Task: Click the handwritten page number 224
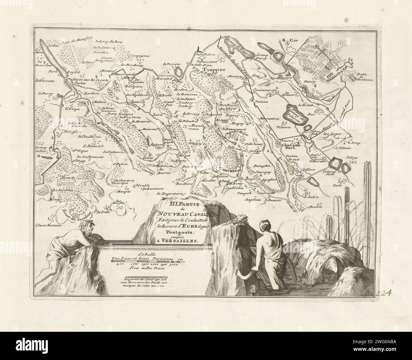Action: click(383, 292)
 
